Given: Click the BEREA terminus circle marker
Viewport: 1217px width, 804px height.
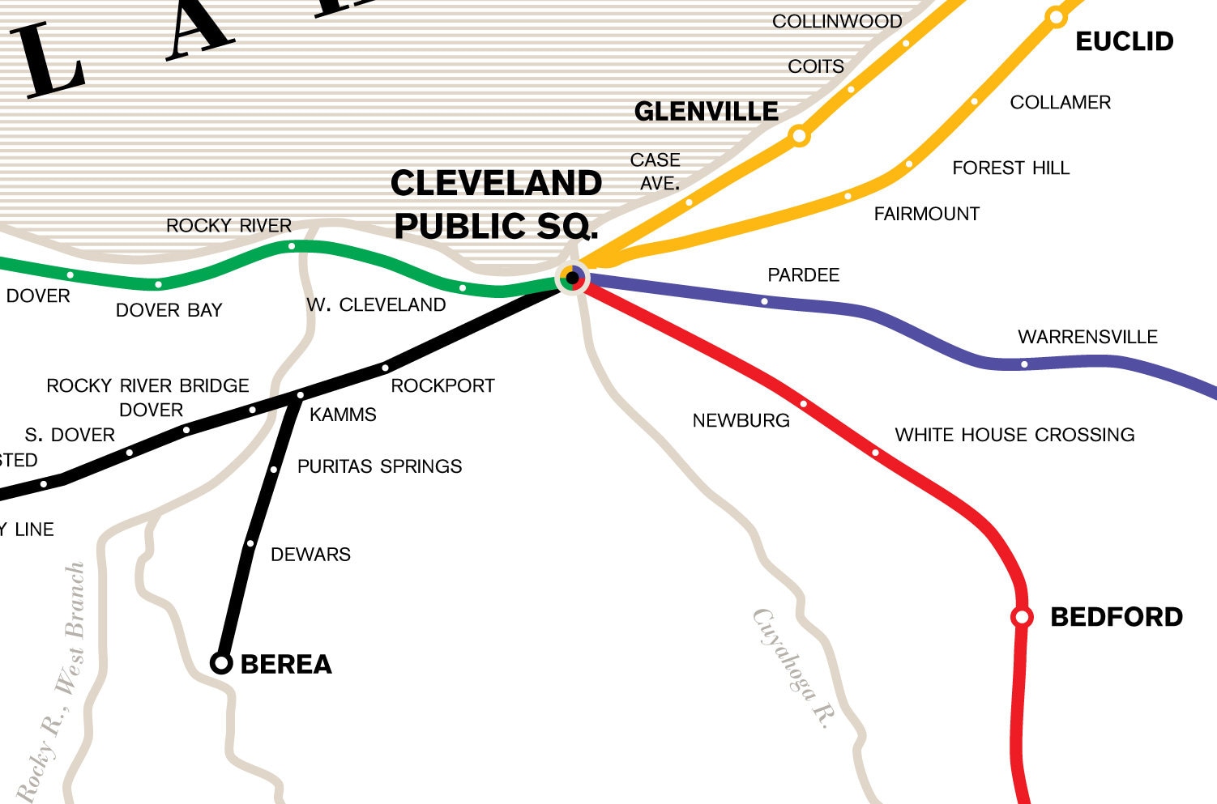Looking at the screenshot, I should pyautogui.click(x=220, y=663).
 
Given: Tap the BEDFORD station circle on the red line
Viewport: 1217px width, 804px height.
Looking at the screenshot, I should pyautogui.click(x=1022, y=618).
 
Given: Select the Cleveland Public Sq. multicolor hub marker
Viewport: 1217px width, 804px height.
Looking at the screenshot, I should pyautogui.click(x=573, y=278).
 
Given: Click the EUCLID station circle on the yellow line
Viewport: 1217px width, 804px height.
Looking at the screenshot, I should pyautogui.click(x=1056, y=16).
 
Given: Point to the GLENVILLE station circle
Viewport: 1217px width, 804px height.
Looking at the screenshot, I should pyautogui.click(x=799, y=135).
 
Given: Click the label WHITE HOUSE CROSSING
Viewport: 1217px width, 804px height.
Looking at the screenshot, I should pyautogui.click(x=1014, y=435).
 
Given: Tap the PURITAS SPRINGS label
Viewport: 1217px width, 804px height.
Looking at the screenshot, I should pyautogui.click(x=379, y=466).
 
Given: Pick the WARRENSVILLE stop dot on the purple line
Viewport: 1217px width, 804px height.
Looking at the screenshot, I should pyautogui.click(x=1024, y=364).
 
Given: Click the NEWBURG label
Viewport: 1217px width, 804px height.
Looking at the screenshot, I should pyautogui.click(x=741, y=420).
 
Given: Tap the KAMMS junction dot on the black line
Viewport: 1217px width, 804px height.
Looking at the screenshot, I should pyautogui.click(x=300, y=395).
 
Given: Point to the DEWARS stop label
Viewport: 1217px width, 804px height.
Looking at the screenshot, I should pyautogui.click(x=310, y=555).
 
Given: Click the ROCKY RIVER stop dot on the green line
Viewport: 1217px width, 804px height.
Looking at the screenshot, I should pyautogui.click(x=292, y=245).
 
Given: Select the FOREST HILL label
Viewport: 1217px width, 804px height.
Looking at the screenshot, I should pyautogui.click(x=1010, y=168).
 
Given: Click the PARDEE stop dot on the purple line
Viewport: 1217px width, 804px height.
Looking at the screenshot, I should pyautogui.click(x=764, y=301).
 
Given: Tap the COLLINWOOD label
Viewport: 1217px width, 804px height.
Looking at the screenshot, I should pyautogui.click(x=836, y=22).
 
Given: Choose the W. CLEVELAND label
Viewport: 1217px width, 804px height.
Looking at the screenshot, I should pyautogui.click(x=376, y=305).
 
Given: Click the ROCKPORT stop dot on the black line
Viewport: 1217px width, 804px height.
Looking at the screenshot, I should pyautogui.click(x=385, y=368).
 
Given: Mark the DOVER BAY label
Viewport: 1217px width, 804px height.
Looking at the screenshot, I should pyautogui.click(x=169, y=310).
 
